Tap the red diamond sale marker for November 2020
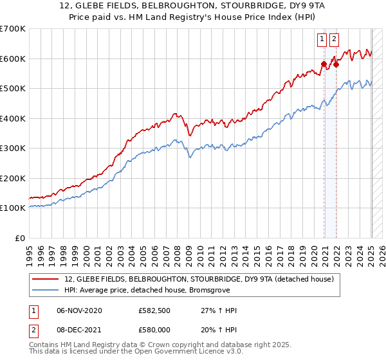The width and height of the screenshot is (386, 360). [x=324, y=64]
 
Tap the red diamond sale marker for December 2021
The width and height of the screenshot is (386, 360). [x=336, y=64]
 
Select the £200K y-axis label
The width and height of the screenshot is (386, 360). [x=13, y=178]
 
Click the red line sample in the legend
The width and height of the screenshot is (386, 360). [x=46, y=279]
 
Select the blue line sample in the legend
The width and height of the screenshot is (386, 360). [x=46, y=290]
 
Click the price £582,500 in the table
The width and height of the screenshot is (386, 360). [x=154, y=310]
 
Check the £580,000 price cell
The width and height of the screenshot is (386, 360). [x=154, y=330]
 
